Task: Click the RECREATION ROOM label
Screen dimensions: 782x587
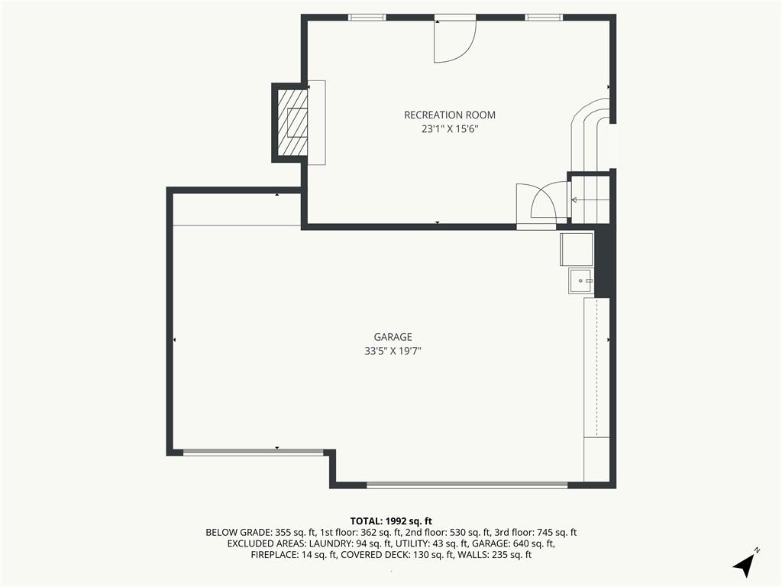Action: [449, 115]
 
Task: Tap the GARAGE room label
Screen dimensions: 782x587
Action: [393, 337]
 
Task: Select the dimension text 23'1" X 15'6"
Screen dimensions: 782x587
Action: [450, 129]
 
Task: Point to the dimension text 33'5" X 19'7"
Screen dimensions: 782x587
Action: [393, 351]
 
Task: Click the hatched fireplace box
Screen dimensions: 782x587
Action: [292, 122]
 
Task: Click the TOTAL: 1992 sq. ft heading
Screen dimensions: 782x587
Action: [391, 521]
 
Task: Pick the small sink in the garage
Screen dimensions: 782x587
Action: [581, 281]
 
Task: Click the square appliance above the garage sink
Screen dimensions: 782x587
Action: [577, 249]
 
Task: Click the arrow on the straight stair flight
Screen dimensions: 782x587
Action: [590, 200]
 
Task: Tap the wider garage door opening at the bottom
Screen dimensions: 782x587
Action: [467, 485]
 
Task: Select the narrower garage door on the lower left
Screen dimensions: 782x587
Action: [254, 452]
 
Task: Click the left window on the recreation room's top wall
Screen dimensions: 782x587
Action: [367, 18]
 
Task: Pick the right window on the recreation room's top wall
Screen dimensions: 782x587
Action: [544, 18]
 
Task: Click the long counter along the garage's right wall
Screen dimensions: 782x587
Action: [596, 368]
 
